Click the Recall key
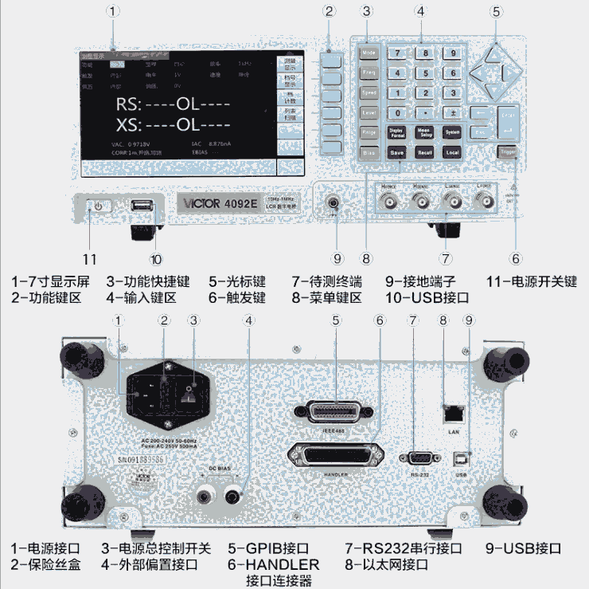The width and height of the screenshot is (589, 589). tap(424, 151)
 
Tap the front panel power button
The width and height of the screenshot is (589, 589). tap(98, 206)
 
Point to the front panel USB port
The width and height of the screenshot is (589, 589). tap(142, 206)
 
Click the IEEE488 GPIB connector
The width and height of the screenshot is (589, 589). tap(334, 412)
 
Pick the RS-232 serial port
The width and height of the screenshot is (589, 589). tap(420, 457)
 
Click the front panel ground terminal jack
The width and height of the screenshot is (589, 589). tap(334, 205)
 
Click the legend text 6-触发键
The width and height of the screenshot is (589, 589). tap(237, 297)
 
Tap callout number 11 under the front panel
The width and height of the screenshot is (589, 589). tap(91, 259)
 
